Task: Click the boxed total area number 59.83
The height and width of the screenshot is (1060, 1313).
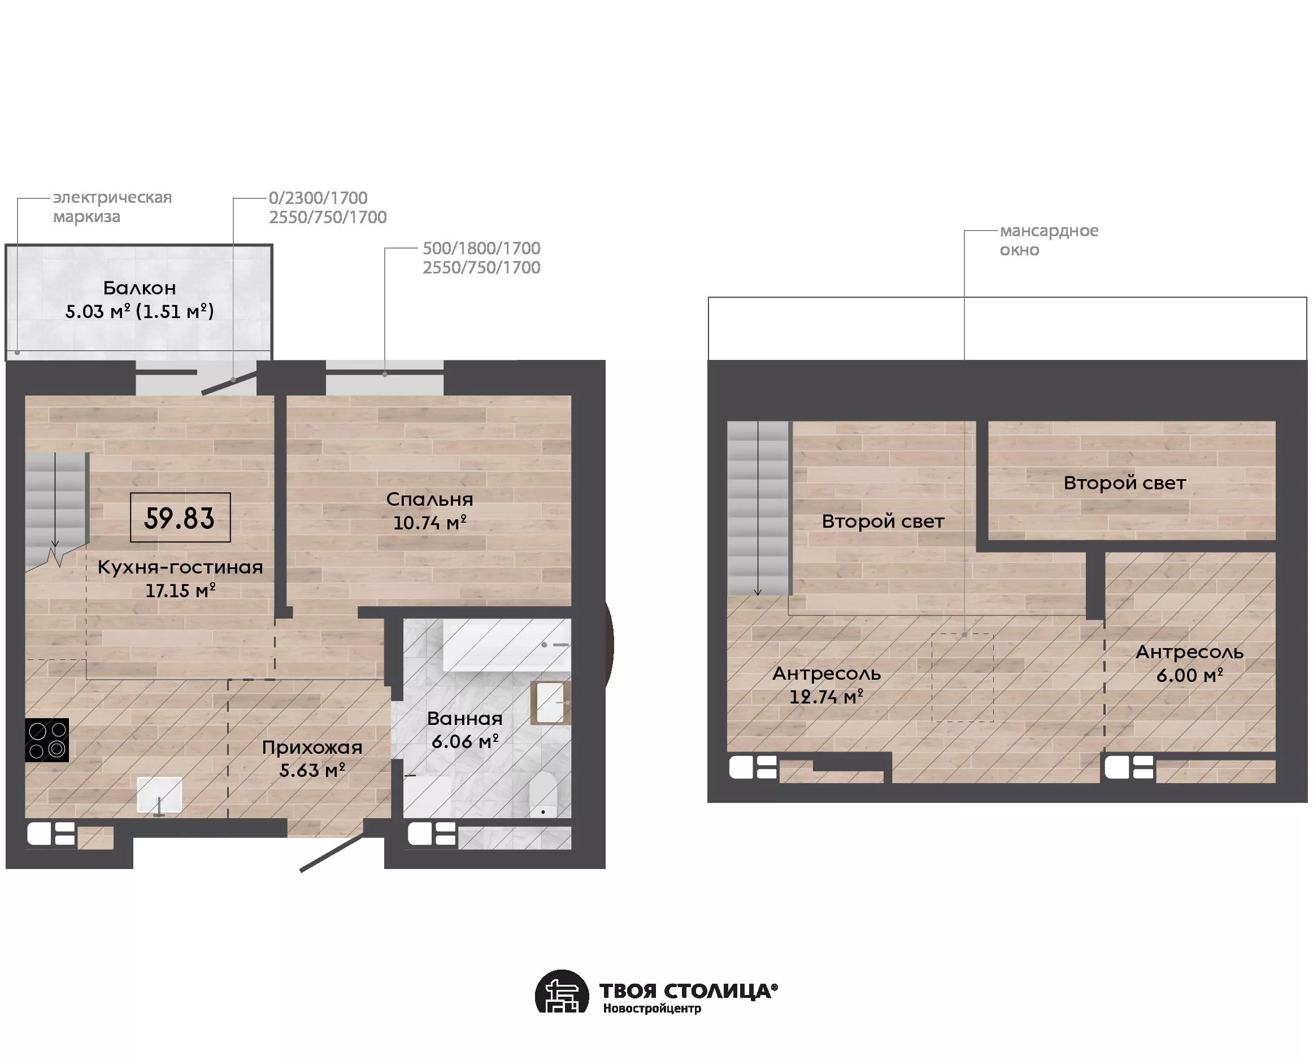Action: point(180,518)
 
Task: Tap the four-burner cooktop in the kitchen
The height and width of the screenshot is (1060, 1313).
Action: point(47,740)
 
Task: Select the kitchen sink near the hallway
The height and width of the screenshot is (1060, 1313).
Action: point(159,796)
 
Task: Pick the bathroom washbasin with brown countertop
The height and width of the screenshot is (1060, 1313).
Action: point(551,703)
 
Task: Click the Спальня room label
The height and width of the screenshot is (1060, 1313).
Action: point(430,499)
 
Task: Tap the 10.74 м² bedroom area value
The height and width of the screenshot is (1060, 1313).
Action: point(430,523)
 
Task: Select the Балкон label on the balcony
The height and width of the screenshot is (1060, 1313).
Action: point(139,288)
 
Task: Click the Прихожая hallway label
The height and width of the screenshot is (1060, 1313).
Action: point(312,748)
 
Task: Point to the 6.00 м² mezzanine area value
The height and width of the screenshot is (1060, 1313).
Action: point(1190,675)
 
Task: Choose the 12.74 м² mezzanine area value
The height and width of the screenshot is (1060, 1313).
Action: point(827,697)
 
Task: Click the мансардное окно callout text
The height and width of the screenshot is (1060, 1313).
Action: point(1049,240)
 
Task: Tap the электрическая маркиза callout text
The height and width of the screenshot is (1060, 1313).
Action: point(112,206)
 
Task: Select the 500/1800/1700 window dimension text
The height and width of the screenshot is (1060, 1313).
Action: point(481,248)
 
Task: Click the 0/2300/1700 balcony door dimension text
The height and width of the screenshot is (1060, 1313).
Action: point(318,198)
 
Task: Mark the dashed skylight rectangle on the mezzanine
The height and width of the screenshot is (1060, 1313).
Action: point(963,677)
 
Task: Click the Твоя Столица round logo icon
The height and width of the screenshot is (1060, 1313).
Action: point(562,992)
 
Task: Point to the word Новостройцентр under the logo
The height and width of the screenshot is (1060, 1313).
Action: point(652,1008)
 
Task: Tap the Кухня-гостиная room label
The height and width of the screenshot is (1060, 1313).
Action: point(180,567)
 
